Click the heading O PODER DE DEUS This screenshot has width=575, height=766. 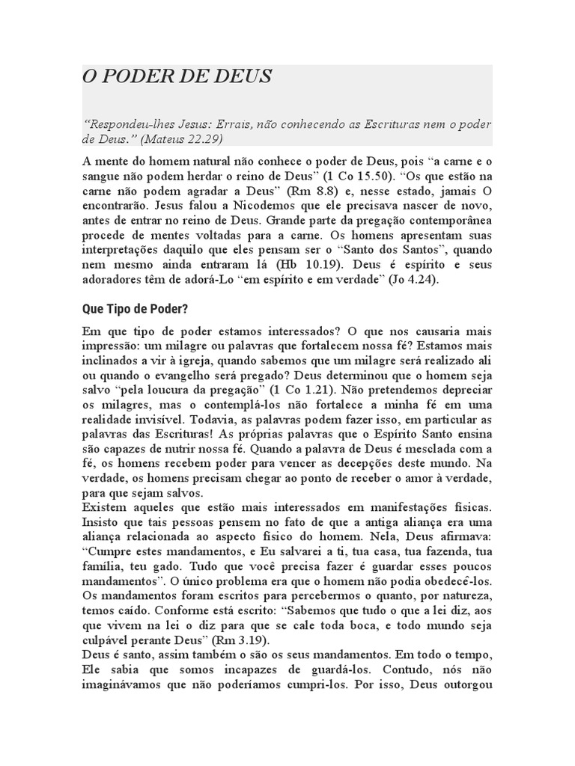(x=177, y=77)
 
